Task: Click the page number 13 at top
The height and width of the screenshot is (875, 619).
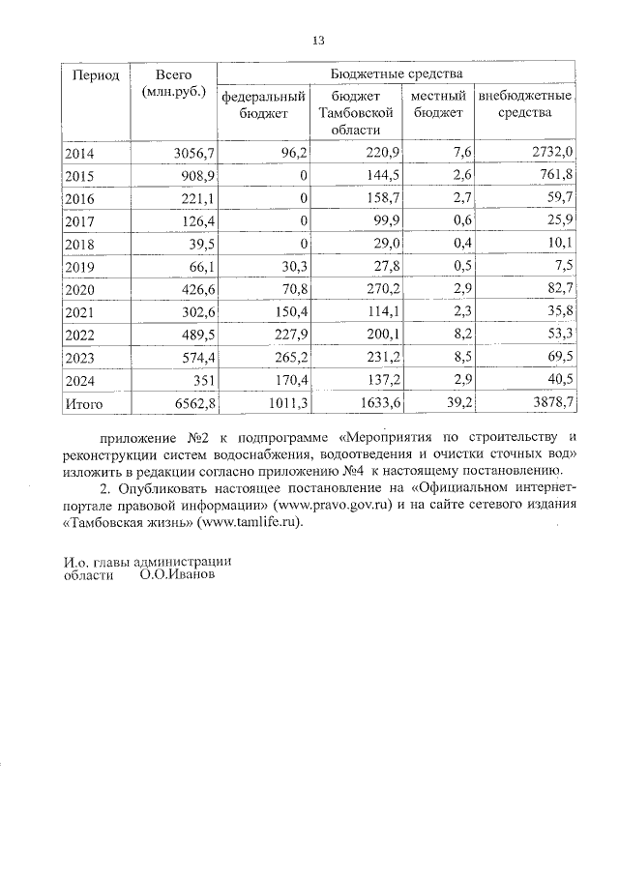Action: click(318, 40)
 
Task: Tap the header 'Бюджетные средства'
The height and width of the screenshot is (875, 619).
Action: click(397, 74)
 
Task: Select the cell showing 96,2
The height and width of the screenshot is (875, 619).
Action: click(293, 152)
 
